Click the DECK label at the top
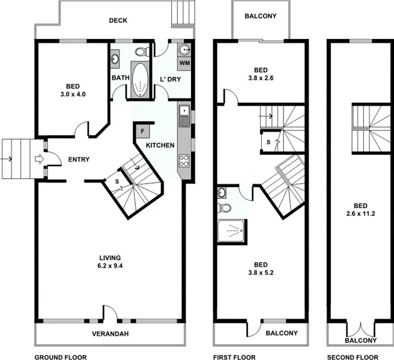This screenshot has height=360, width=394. (118, 20)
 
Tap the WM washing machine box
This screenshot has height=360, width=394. (184, 62)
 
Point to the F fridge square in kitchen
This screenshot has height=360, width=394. (143, 130)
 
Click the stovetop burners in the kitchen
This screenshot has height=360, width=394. (184, 161)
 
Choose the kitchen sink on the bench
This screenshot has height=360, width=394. (184, 112)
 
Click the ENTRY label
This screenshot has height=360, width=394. (79, 159)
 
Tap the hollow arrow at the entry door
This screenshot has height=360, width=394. (38, 159)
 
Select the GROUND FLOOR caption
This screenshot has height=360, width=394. (60, 357)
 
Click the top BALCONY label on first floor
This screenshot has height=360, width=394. (261, 16)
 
